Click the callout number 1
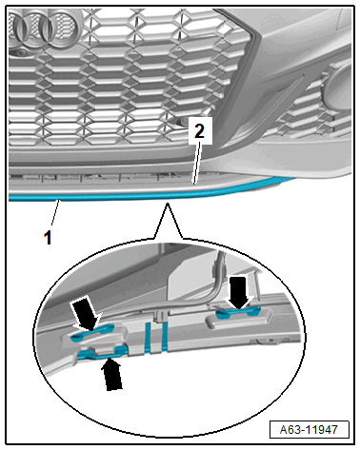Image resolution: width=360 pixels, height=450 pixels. [x=48, y=238]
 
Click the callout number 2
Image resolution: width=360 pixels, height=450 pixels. [x=199, y=131]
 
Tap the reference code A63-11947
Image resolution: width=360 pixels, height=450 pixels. [x=309, y=430]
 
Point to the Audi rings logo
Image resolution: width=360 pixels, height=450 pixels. [x=43, y=29]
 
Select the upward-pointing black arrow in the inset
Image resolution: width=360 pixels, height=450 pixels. [x=112, y=374]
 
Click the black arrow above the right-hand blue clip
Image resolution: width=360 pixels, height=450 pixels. [x=239, y=292]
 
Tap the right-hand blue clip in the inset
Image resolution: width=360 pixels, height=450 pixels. [x=238, y=312]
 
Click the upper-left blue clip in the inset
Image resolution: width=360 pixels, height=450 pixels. [x=92, y=332]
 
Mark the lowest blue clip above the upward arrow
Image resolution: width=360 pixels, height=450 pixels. [x=102, y=353]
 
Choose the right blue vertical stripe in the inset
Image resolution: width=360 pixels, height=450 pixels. [x=164, y=338]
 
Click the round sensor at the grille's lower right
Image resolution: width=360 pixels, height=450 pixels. [x=183, y=121]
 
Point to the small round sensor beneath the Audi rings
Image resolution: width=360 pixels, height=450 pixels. [x=21, y=53]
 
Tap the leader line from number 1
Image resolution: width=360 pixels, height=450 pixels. [x=55, y=214]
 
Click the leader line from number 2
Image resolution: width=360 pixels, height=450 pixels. [x=197, y=163]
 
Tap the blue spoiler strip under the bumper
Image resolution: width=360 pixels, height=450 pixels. [x=152, y=195]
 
